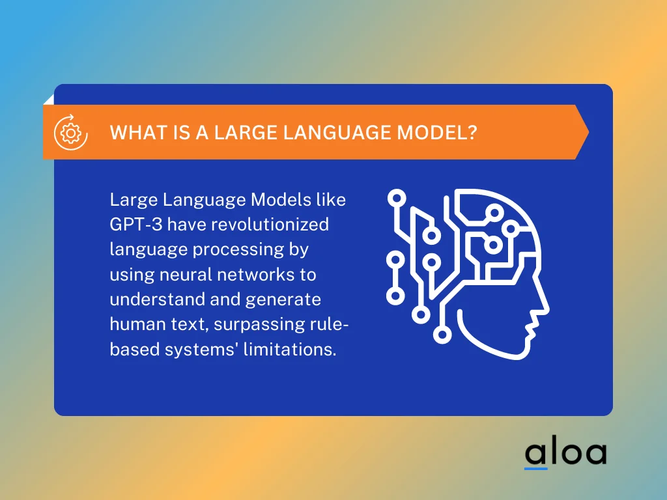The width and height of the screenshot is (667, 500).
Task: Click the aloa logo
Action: click(565, 454)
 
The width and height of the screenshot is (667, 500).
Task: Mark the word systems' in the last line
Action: click(199, 349)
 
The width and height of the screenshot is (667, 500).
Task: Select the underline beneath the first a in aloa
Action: click(536, 467)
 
